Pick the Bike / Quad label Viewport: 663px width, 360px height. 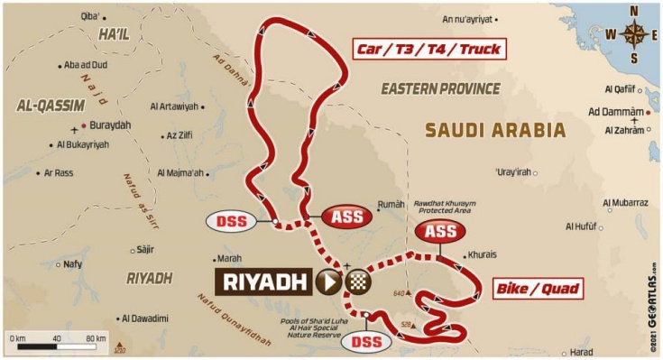(536, 290)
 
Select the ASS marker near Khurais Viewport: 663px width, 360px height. (441, 232)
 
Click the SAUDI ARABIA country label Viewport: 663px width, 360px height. (495, 130)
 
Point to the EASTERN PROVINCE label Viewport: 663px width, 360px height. (440, 88)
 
